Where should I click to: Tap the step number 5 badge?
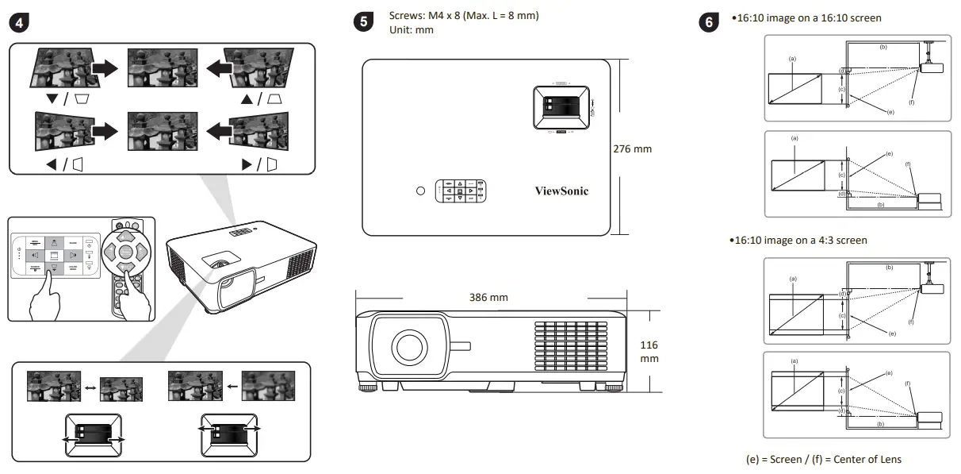click(x=364, y=22)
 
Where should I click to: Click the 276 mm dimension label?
click(x=633, y=148)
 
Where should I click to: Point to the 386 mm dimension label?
click(x=488, y=298)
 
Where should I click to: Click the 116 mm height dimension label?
click(x=649, y=352)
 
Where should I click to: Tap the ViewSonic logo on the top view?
click(x=561, y=191)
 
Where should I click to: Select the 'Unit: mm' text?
click(x=412, y=29)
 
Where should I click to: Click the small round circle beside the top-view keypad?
click(x=420, y=191)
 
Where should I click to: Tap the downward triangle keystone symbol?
click(x=52, y=98)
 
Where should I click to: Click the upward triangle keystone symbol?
click(x=246, y=98)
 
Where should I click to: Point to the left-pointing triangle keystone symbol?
click(x=52, y=165)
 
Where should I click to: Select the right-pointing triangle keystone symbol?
click(x=246, y=165)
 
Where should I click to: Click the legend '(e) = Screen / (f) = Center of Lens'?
click(x=823, y=459)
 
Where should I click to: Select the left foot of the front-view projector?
click(x=369, y=388)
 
